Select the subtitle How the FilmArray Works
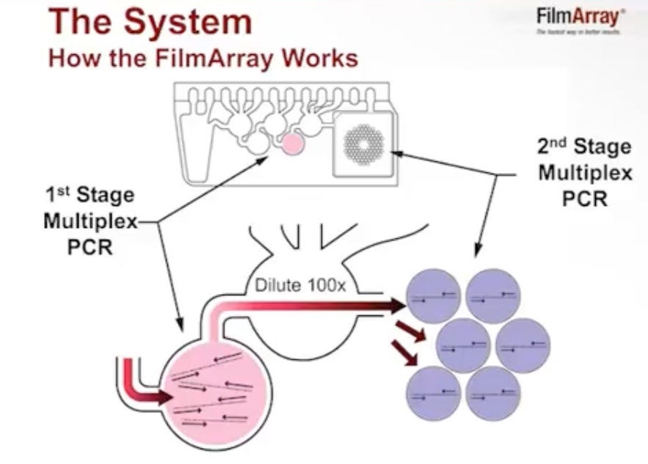click(203, 58)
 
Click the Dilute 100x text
click(299, 284)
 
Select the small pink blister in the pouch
click(294, 144)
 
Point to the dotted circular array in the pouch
click(365, 144)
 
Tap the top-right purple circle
click(493, 295)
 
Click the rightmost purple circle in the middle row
click(523, 345)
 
